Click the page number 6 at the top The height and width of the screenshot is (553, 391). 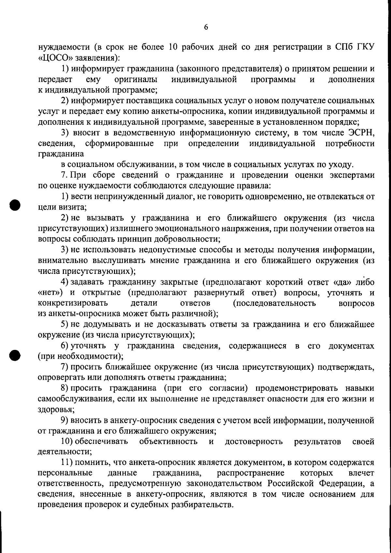[206, 27]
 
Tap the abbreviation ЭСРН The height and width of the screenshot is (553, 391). [362, 133]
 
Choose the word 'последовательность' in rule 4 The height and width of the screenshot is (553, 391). [274, 303]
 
